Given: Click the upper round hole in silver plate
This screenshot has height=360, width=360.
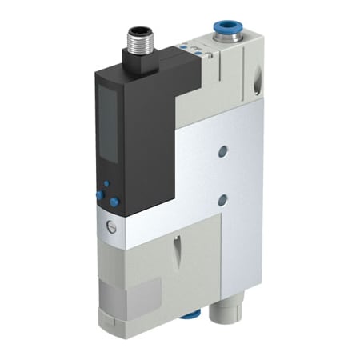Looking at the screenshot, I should coord(222,150).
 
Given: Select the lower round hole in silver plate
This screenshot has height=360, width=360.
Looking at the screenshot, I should coord(223,199).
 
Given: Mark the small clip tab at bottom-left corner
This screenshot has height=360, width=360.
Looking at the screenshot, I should coord(117,327).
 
